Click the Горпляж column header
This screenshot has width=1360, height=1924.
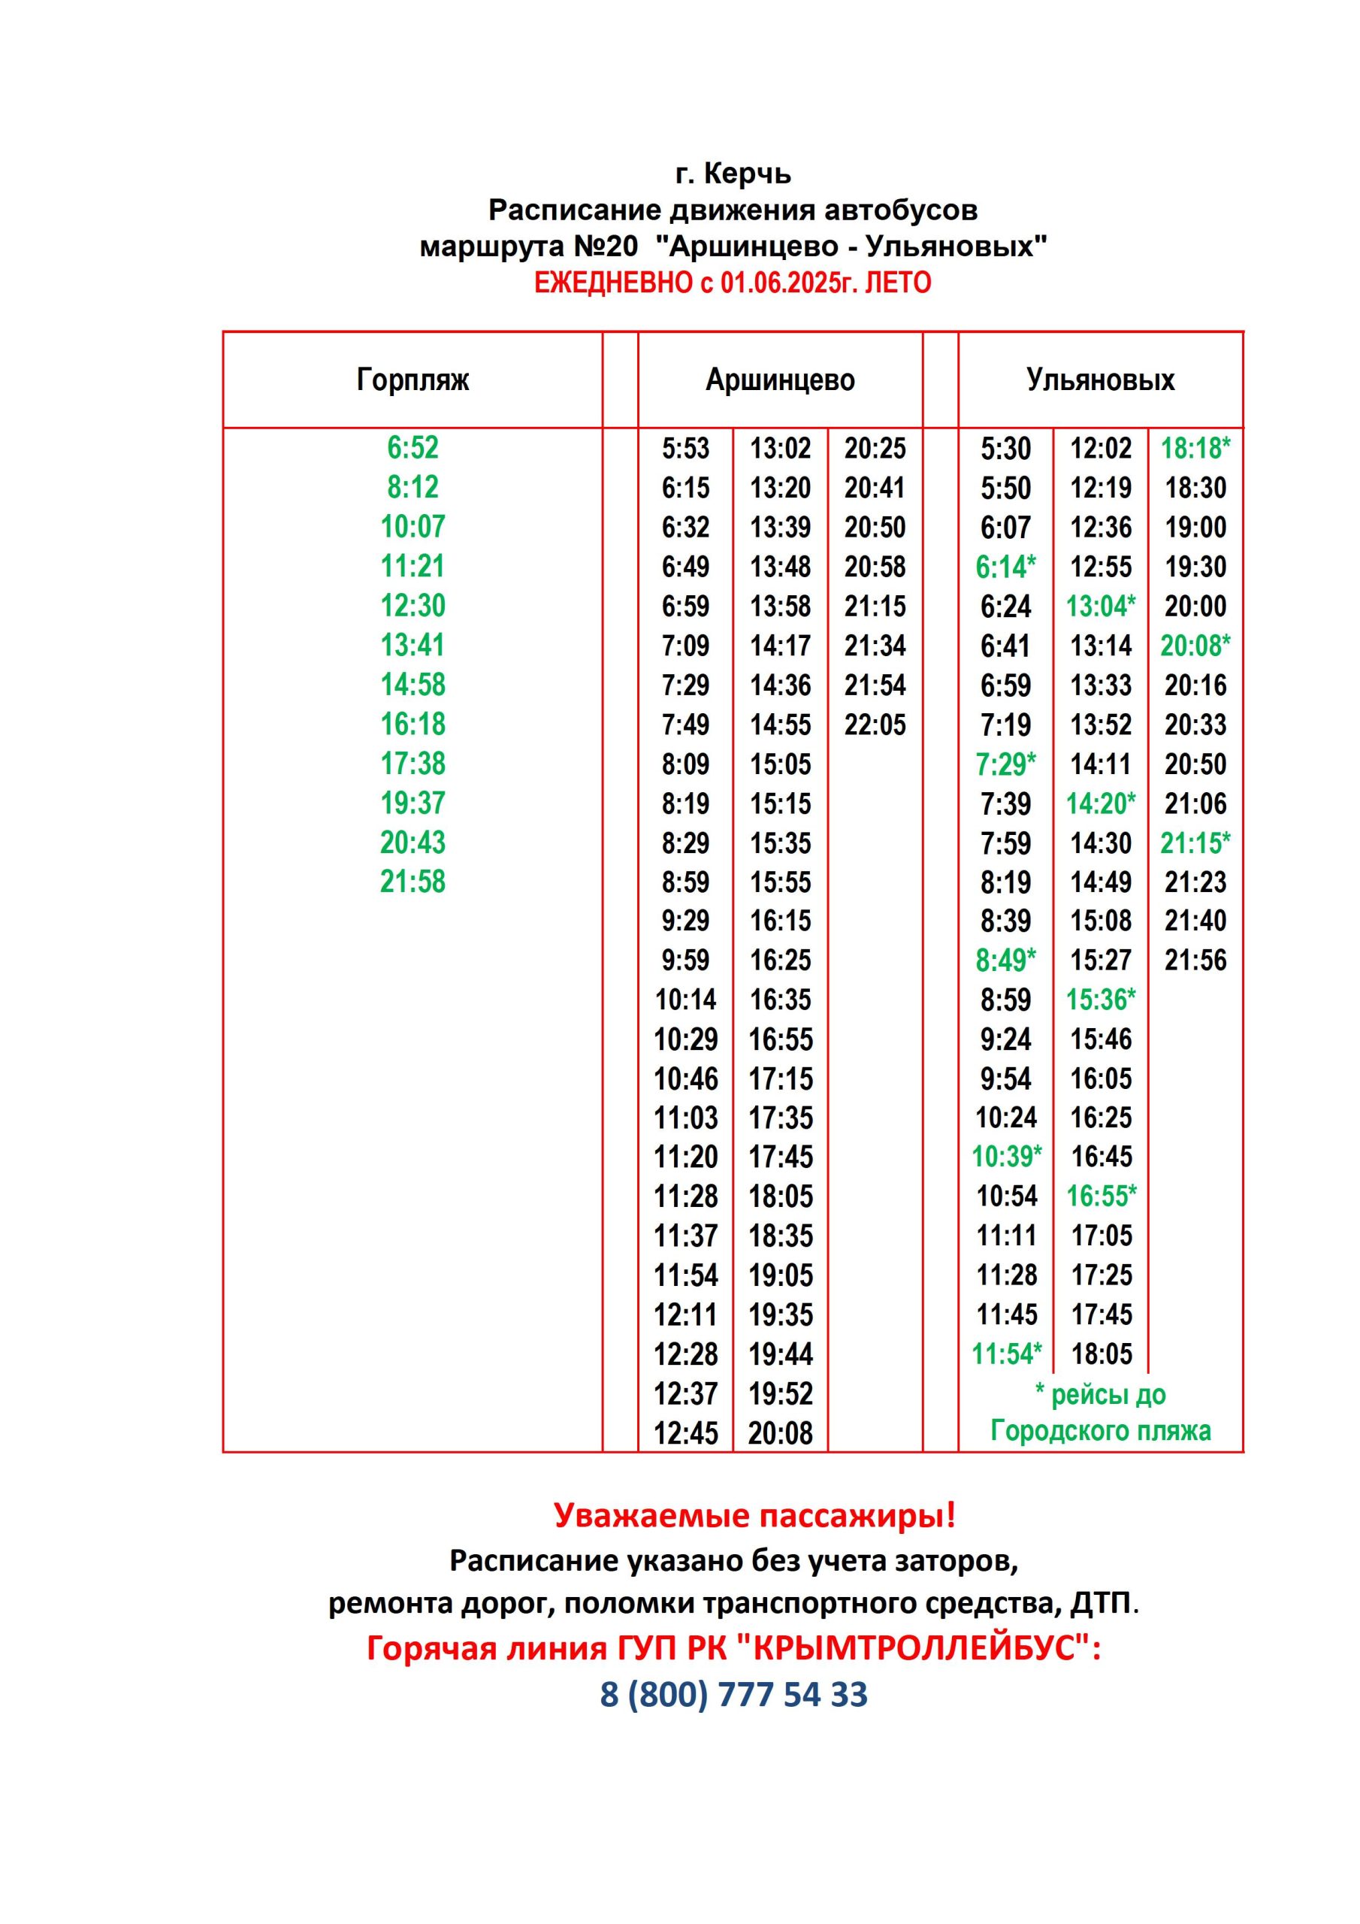pyautogui.click(x=413, y=380)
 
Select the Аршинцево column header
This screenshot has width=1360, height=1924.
pyautogui.click(x=779, y=380)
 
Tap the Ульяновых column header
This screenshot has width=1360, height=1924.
pyautogui.click(x=1099, y=380)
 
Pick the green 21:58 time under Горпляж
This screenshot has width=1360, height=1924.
pyautogui.click(x=413, y=882)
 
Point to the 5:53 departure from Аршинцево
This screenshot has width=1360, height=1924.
pyautogui.click(x=685, y=449)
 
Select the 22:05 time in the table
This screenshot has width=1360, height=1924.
pyautogui.click(x=875, y=724)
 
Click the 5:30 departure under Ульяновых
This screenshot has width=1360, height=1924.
pyautogui.click(x=1005, y=449)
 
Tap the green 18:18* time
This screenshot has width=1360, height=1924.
pyautogui.click(x=1195, y=449)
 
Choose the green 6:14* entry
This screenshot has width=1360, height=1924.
pyautogui.click(x=1005, y=567)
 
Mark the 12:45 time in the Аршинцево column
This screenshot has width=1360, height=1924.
pyautogui.click(x=685, y=1433)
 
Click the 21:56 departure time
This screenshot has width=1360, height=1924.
pyautogui.click(x=1195, y=960)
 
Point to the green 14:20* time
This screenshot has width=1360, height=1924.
pyautogui.click(x=1100, y=803)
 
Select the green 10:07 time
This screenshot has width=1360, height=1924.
pyautogui.click(x=413, y=526)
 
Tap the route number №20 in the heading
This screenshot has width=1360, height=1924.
pyautogui.click(x=605, y=247)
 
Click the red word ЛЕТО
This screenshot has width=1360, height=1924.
pyautogui.click(x=897, y=283)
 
